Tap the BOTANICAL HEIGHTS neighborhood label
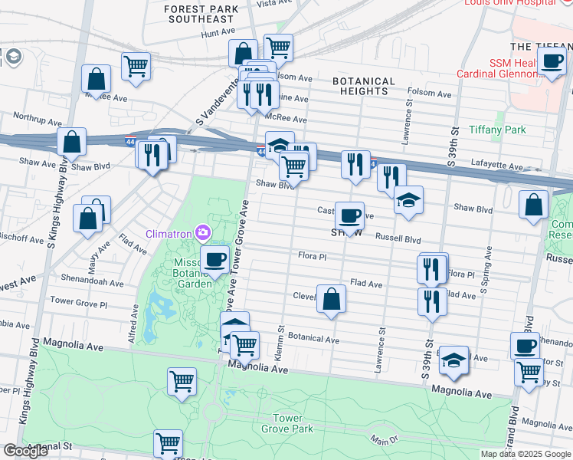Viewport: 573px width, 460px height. [x=364, y=86]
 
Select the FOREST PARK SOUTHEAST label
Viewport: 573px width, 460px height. [x=198, y=13]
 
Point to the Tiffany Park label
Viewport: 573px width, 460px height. [x=496, y=130]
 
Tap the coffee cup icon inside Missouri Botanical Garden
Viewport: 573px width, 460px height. [x=214, y=259]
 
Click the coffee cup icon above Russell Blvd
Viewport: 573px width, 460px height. [x=350, y=216]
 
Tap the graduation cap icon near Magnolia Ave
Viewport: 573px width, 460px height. [x=454, y=360]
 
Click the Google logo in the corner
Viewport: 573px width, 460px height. [x=25, y=451]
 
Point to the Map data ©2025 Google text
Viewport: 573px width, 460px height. [x=526, y=454]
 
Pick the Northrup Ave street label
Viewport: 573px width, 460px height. [x=36, y=117]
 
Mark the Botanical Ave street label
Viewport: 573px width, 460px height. [x=313, y=339]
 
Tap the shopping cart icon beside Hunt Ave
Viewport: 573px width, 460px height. [x=278, y=48]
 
